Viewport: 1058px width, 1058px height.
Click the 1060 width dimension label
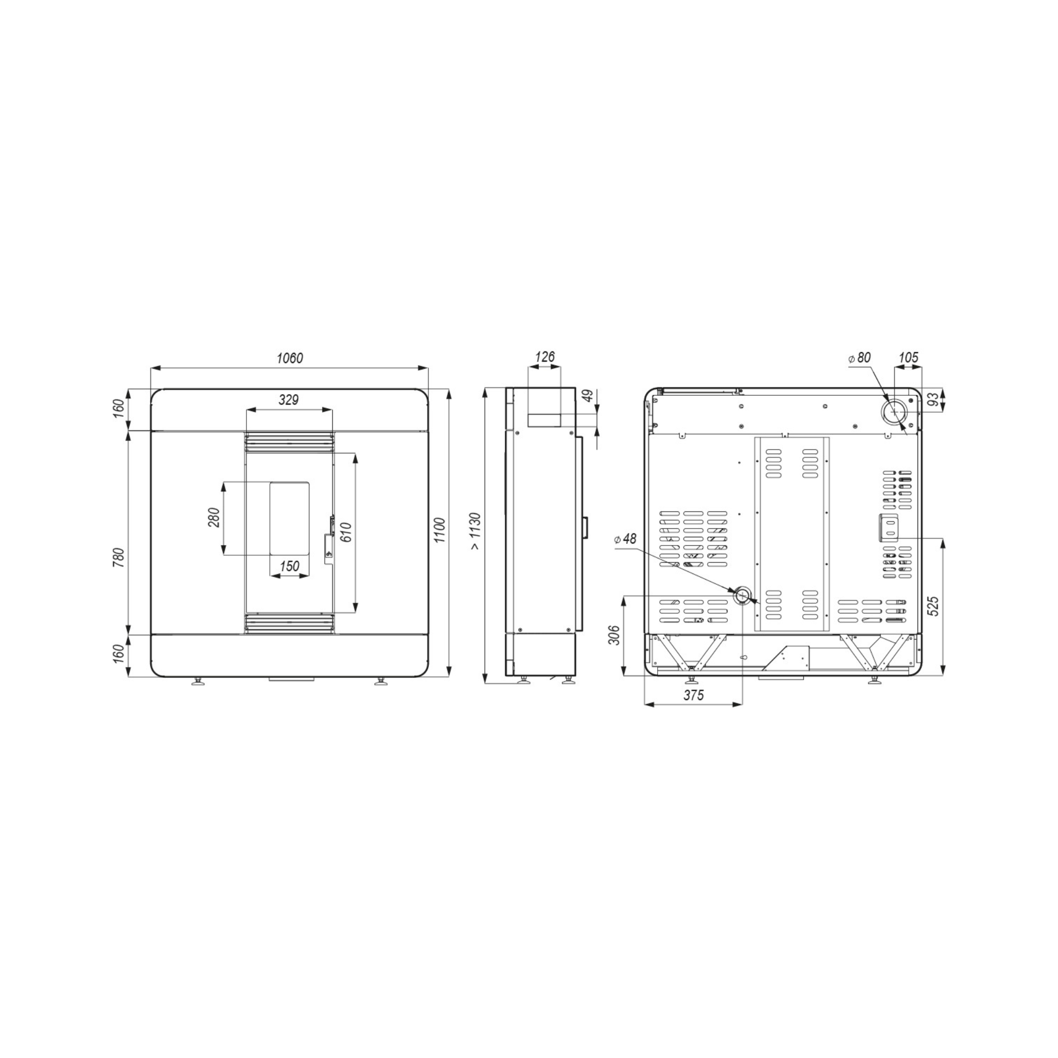pyautogui.click(x=290, y=358)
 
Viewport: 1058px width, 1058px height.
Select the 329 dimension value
pyautogui.click(x=289, y=400)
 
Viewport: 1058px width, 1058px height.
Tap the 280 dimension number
pyautogui.click(x=213, y=518)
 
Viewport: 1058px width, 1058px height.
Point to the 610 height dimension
pyautogui.click(x=346, y=532)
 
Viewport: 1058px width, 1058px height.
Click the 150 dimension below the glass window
pyautogui.click(x=290, y=566)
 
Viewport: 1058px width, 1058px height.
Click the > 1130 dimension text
pyautogui.click(x=475, y=531)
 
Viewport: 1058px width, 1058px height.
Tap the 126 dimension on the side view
pyautogui.click(x=544, y=357)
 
